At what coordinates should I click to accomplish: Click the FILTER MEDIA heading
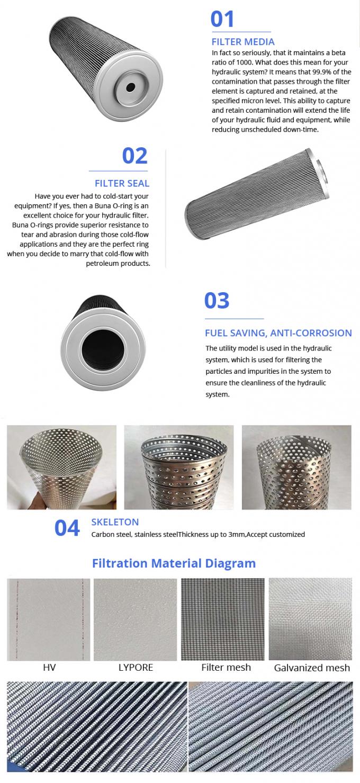coord(243,42)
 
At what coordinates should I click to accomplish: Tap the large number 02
coord(134,156)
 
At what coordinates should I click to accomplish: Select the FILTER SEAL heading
coord(122,183)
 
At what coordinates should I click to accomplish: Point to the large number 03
coord(217,301)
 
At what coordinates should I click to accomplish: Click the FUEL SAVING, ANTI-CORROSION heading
coord(278,333)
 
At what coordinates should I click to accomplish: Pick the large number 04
coord(67,528)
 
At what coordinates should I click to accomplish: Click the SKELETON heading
coord(115,522)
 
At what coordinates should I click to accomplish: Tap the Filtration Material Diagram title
coord(174,563)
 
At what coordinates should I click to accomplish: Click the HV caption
coord(49,667)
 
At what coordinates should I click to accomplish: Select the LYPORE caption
coord(136,667)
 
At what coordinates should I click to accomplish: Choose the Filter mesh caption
coord(226,667)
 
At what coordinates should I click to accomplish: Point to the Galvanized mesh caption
coord(312,668)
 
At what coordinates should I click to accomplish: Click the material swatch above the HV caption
coord(49,619)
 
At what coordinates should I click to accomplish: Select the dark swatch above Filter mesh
coord(223,619)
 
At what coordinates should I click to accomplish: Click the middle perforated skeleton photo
coord(179,467)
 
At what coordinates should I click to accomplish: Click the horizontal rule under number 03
coord(234,319)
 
